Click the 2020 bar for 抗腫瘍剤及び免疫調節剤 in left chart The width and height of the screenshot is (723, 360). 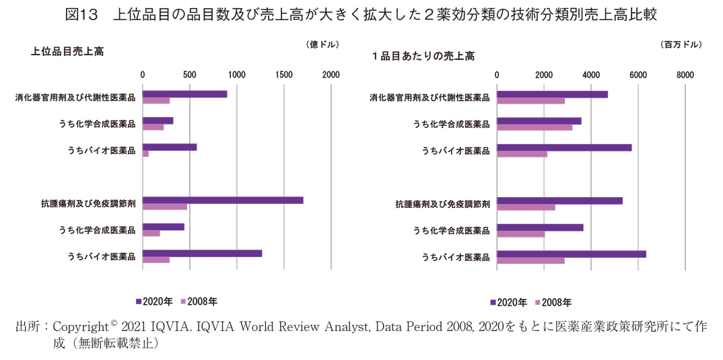point(222,200)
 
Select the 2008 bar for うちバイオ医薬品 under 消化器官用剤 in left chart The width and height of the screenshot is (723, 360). point(145,153)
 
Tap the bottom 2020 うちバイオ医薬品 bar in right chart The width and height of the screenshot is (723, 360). point(571,254)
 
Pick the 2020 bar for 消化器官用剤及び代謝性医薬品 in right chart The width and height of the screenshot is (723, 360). point(552,94)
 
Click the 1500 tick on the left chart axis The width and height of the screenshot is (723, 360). point(284,75)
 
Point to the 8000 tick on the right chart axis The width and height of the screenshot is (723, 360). point(685,75)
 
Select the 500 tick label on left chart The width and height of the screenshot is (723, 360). point(190,75)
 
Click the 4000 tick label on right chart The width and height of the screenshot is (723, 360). point(590,75)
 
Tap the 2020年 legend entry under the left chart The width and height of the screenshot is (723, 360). point(158,301)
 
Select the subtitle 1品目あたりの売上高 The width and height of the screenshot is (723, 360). point(423,56)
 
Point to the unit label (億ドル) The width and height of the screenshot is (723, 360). point(322,44)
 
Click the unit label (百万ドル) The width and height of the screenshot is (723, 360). point(682,44)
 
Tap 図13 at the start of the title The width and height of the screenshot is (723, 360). point(82,13)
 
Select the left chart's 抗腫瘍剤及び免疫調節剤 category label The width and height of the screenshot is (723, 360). point(88,203)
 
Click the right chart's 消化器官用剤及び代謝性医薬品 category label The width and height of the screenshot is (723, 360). point(429,98)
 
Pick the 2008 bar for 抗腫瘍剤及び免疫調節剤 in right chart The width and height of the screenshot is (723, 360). point(526,207)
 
